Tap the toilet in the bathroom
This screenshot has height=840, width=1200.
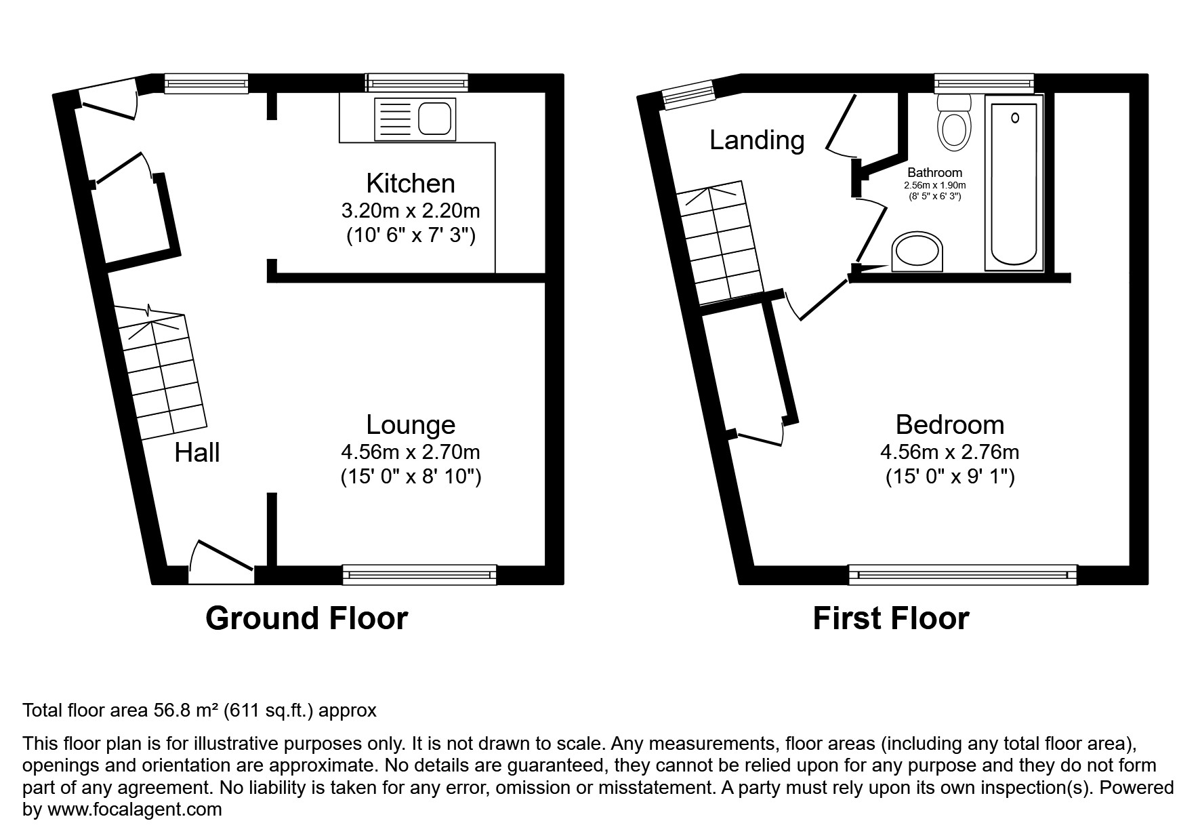click(954, 125)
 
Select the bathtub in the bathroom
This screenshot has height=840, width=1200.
click(1014, 183)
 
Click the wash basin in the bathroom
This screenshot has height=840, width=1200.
click(918, 252)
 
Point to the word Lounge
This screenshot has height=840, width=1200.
click(411, 425)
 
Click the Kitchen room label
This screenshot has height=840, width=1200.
click(411, 184)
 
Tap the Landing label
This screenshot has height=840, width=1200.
click(757, 140)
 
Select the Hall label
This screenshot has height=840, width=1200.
click(197, 453)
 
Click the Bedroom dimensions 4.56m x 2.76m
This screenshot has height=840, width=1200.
click(949, 452)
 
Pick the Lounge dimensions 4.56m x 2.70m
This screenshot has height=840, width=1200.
click(411, 452)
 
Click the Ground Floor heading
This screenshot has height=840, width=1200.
click(306, 618)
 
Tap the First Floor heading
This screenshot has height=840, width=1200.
click(890, 618)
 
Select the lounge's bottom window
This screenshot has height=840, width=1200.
click(419, 575)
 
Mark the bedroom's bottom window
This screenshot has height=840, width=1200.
click(963, 575)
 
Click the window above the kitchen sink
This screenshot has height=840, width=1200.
click(417, 83)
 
